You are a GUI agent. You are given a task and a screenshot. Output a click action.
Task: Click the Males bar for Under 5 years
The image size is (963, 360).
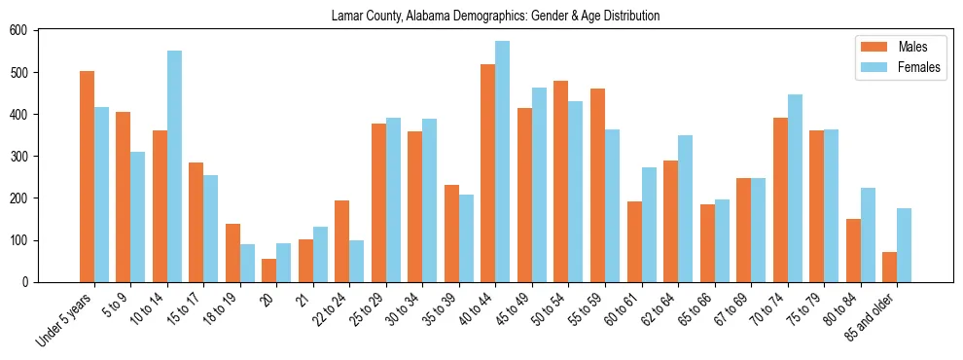pos(87,176)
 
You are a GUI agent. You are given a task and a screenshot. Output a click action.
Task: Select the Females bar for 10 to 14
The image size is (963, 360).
pos(174,166)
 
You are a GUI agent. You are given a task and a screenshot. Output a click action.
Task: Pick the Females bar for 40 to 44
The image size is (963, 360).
pos(503,162)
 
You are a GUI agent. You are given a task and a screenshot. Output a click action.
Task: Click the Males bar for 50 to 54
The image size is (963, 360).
pos(561,181)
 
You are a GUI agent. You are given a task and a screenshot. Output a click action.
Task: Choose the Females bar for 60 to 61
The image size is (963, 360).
pos(649,225)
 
